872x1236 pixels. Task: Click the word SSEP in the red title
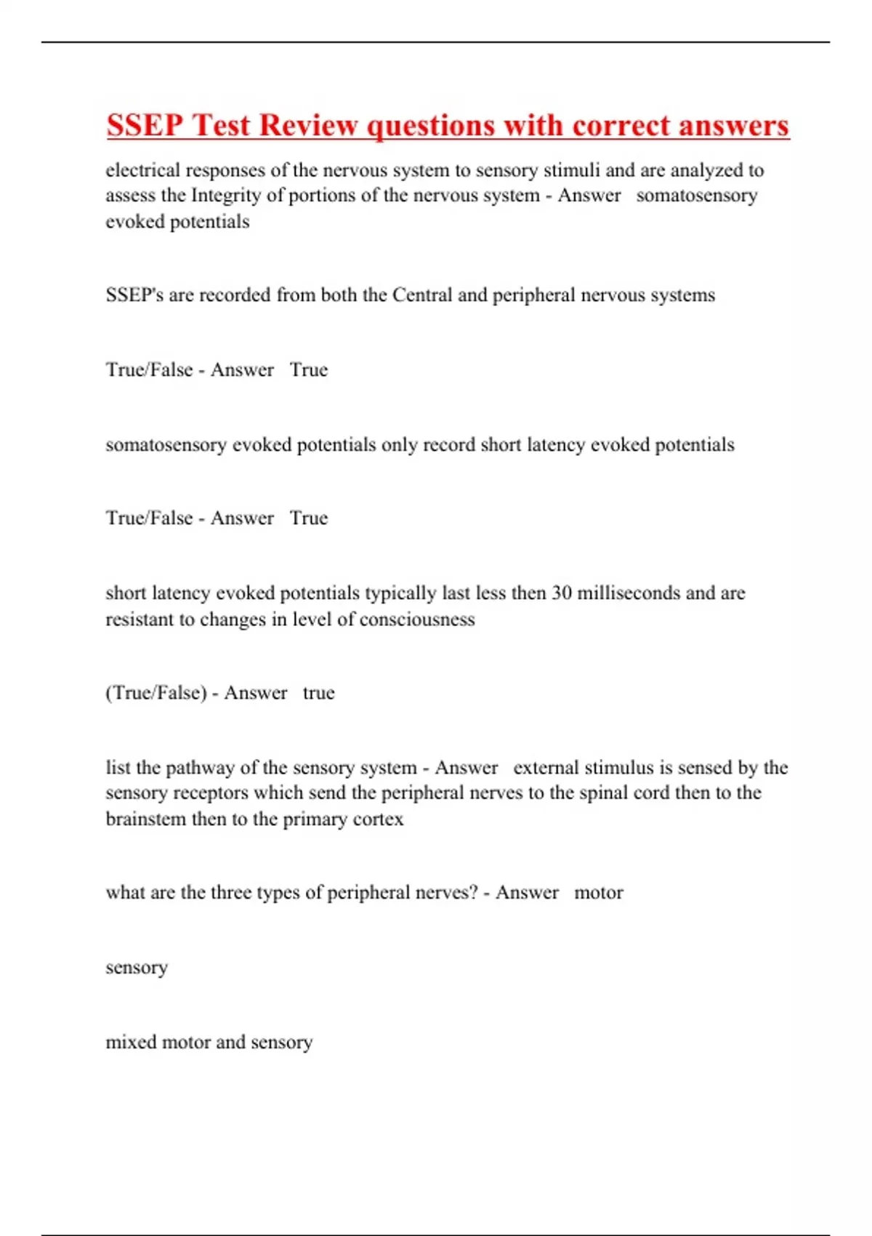pos(145,125)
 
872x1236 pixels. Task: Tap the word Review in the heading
pos(309,125)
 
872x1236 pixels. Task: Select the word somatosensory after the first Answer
pos(696,196)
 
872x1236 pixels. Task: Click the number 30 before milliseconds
pos(561,593)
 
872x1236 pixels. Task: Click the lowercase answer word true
pos(318,693)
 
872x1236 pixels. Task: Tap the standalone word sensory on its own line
pos(137,968)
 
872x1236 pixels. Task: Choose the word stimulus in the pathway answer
pos(619,768)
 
